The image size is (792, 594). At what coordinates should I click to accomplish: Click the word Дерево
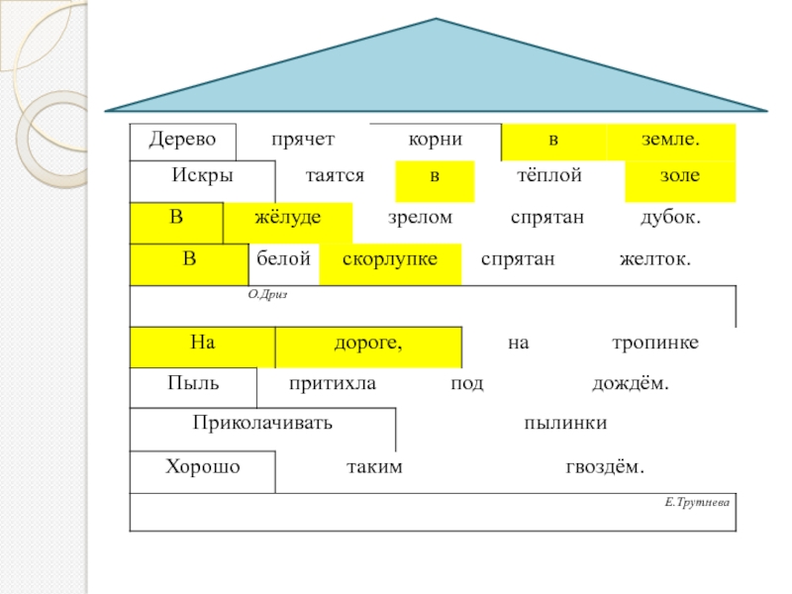[182, 140]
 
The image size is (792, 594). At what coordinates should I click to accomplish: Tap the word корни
[436, 140]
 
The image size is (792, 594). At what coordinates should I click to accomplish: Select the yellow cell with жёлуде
[288, 218]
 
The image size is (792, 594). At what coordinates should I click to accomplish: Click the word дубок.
[671, 217]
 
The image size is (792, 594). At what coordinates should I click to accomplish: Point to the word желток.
[654, 258]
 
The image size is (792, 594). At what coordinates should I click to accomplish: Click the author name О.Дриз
[266, 294]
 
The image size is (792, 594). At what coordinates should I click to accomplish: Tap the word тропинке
[654, 343]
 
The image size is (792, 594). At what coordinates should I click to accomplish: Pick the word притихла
[333, 383]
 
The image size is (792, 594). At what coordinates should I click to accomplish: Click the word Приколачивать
[262, 423]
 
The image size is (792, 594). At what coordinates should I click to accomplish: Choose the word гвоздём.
[609, 466]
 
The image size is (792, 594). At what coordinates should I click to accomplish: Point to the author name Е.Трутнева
[697, 503]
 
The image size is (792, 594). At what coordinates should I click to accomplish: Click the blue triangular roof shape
[437, 74]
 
